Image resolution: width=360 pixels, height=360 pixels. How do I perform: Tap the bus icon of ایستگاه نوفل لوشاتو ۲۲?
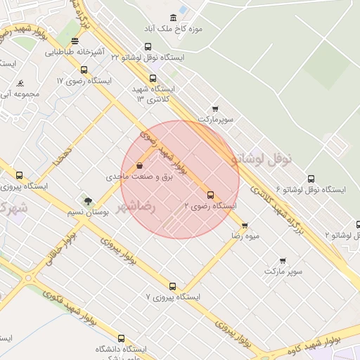tap(147, 46)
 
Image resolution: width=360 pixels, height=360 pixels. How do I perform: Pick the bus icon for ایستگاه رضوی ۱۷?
tap(84, 70)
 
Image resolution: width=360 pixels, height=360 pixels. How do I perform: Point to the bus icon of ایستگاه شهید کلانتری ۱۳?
tap(153, 79)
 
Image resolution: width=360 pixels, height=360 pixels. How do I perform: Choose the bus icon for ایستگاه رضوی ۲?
tap(210, 195)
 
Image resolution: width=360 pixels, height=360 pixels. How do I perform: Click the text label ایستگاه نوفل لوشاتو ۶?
tap(312, 190)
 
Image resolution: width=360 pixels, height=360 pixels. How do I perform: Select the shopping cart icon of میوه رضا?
tap(245, 226)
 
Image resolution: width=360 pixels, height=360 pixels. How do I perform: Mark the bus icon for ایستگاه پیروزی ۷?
tap(172, 286)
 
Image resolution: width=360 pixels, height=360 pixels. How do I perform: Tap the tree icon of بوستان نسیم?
tap(87, 201)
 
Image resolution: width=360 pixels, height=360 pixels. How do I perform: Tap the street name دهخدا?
tap(61, 159)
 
